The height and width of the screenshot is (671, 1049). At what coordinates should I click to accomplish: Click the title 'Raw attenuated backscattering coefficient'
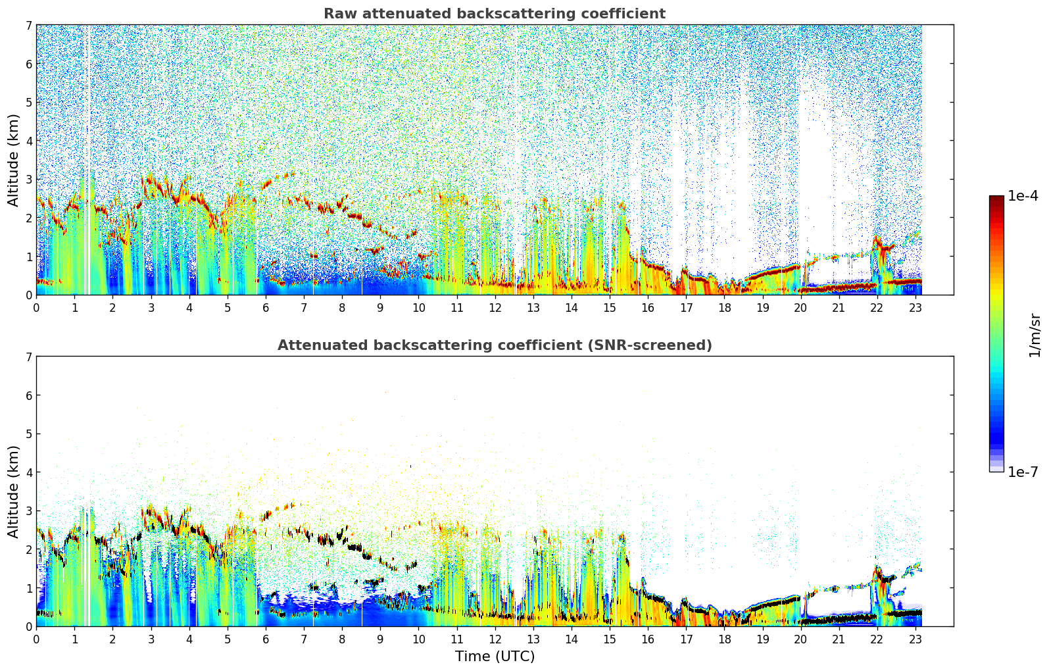click(495, 14)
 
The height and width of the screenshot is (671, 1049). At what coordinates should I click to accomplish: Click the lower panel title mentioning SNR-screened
click(495, 345)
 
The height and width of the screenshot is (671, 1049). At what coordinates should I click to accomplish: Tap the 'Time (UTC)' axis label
click(495, 657)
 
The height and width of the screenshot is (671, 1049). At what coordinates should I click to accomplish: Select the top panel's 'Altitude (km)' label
click(13, 161)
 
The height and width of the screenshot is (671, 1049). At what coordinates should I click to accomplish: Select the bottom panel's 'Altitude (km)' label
click(13, 491)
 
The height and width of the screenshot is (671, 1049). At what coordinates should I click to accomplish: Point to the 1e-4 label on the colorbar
click(1023, 196)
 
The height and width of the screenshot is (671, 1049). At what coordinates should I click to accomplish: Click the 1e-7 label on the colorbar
click(1023, 472)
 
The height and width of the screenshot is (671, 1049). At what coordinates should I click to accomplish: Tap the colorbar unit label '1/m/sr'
click(1035, 335)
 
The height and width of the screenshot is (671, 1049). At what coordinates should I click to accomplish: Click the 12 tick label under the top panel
click(495, 308)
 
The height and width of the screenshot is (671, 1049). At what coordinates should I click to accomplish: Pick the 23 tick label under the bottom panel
click(915, 639)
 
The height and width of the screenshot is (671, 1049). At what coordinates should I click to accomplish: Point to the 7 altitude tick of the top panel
click(28, 25)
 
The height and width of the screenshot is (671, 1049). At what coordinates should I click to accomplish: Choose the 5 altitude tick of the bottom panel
click(28, 434)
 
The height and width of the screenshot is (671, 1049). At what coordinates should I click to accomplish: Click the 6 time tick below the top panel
click(266, 308)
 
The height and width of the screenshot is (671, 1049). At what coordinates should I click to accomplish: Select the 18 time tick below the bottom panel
click(725, 639)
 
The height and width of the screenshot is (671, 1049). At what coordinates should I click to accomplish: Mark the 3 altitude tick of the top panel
click(28, 180)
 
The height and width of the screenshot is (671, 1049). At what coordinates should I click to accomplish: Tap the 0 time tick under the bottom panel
click(37, 639)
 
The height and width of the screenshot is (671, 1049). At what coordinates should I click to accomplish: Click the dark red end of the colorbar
click(996, 198)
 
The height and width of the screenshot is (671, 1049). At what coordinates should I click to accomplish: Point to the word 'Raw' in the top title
click(341, 14)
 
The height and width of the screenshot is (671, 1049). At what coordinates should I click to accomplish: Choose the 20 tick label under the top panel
click(801, 308)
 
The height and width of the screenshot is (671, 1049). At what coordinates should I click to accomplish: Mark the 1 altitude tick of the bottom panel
click(28, 588)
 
